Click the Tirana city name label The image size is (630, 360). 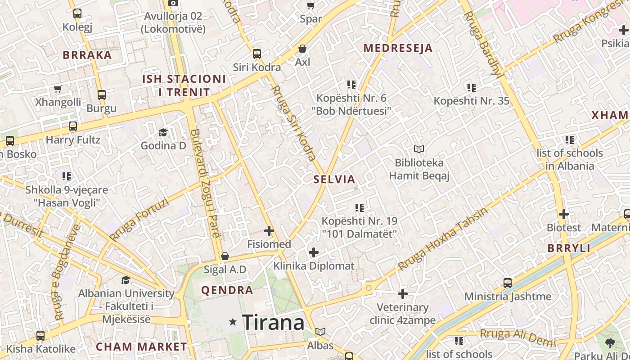point(274,322)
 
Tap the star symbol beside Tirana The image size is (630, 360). point(233,322)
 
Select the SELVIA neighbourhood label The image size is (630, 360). point(334,180)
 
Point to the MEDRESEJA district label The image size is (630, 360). point(398,48)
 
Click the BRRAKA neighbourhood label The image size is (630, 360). point(87,55)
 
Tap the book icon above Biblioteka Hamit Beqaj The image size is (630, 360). point(419,149)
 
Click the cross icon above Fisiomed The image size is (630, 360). point(269,231)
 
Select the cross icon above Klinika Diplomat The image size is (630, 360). point(314,252)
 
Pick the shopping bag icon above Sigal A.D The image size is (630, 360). point(225,256)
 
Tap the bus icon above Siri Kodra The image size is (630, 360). point(256,54)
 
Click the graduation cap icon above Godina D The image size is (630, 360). point(163,132)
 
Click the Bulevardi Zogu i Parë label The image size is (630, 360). point(205,183)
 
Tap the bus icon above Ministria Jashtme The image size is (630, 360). point(508,283)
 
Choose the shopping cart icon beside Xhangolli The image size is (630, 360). point(58,89)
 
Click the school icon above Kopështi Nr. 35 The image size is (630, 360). point(471,87)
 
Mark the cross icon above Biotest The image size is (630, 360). point(563,214)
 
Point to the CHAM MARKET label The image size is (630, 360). point(141,347)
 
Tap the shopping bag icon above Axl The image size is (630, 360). point(303,48)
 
